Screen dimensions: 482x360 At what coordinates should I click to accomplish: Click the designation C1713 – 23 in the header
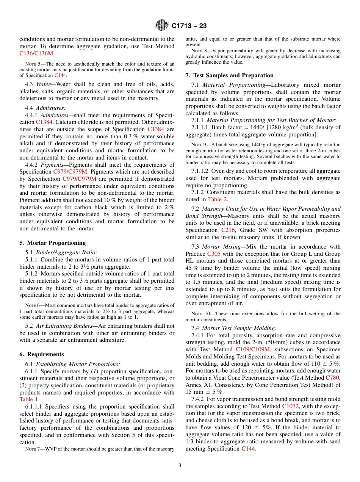pos(189,26)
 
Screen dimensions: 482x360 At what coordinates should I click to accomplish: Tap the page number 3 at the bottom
pos(180,466)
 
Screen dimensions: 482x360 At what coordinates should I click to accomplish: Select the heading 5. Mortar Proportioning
pos(52,243)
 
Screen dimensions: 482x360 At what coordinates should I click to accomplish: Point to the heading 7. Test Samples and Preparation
pos(229,75)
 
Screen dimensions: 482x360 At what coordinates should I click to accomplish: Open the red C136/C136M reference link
pos(36,53)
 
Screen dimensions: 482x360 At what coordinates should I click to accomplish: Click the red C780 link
pos(333,377)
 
